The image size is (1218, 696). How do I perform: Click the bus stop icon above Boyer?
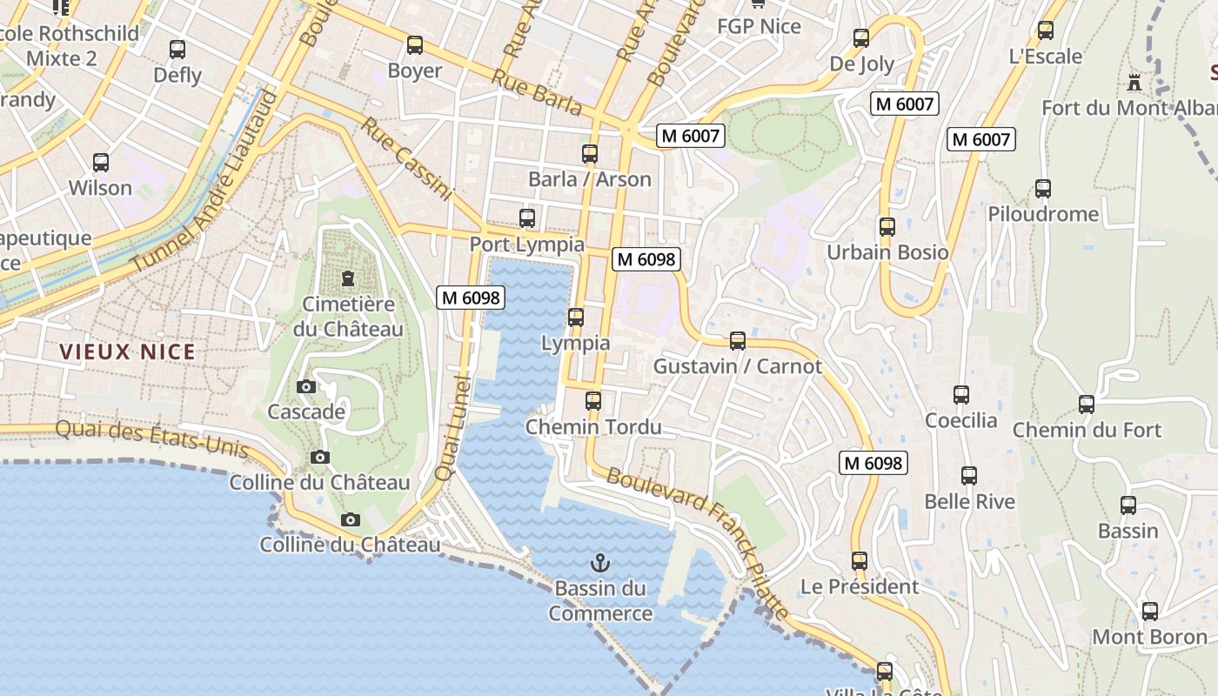click(x=415, y=44)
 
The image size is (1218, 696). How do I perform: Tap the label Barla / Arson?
click(x=590, y=179)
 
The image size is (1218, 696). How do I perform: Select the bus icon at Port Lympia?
click(x=527, y=218)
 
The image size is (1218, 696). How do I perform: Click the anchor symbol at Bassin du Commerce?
click(x=599, y=563)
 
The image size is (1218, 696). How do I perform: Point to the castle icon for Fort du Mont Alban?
click(x=1134, y=83)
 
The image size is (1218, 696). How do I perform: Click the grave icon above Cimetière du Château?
click(x=348, y=278)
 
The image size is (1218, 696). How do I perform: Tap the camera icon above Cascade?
click(x=306, y=386)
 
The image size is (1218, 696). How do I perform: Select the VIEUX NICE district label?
click(x=128, y=352)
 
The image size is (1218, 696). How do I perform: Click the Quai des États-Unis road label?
click(x=152, y=438)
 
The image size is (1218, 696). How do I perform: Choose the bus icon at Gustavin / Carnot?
click(x=738, y=340)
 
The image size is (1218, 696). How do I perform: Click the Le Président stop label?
click(x=860, y=586)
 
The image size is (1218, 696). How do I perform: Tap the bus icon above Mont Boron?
click(x=1150, y=611)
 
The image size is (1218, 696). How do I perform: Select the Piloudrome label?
click(x=1043, y=214)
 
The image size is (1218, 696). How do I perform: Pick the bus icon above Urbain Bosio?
click(x=887, y=226)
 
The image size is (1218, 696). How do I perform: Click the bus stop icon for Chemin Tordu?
click(x=593, y=401)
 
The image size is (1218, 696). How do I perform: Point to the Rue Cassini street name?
click(x=407, y=159)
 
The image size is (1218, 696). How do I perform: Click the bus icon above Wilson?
click(x=101, y=162)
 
